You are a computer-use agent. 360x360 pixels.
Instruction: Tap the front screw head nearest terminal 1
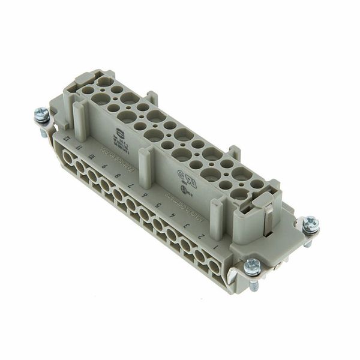pos(253,265)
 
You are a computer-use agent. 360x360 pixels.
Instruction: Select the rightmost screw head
pos(311,224)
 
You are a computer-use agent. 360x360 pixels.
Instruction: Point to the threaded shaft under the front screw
pos(254,284)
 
